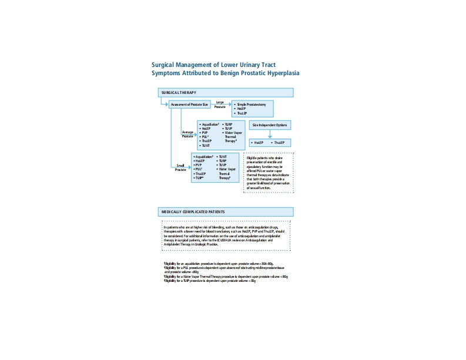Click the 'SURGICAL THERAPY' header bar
(226, 93)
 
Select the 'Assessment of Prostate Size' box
(189, 105)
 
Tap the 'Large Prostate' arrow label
(220, 104)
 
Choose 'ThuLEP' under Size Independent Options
(278, 143)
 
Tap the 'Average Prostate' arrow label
(187, 133)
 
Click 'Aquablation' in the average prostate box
(210, 125)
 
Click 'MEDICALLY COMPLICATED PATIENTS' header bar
(226, 211)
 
